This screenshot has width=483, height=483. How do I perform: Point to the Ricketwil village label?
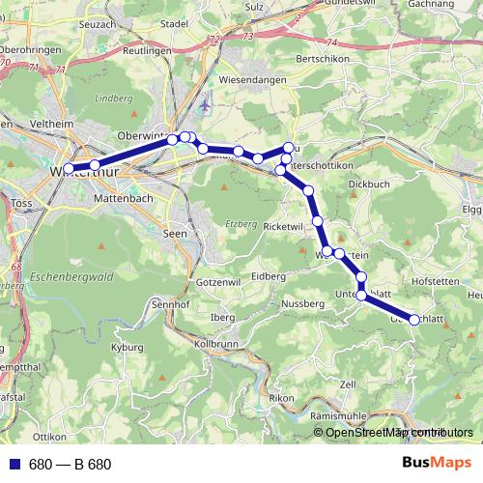[284, 225]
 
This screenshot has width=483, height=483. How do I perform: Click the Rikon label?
[280, 397]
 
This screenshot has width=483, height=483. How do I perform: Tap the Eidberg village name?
[268, 275]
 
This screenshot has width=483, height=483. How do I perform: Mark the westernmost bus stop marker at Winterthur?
[68, 169]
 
